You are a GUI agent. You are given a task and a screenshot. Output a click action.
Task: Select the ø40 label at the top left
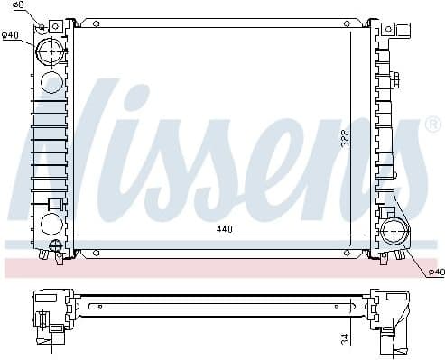click(x=11, y=35)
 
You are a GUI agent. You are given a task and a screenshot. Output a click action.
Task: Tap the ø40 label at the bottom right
click(x=435, y=272)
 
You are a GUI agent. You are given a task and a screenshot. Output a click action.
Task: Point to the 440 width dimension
click(x=224, y=229)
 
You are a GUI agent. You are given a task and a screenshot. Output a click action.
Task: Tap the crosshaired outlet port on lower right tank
click(x=394, y=233)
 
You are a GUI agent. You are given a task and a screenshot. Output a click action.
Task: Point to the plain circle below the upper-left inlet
click(x=52, y=84)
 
